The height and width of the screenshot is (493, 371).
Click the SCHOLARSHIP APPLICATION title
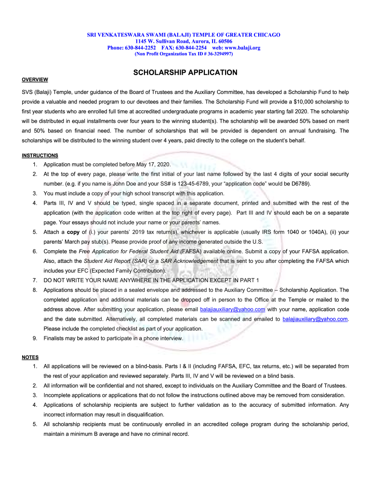(x=185, y=73)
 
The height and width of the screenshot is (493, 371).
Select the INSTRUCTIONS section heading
(x=40, y=155)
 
